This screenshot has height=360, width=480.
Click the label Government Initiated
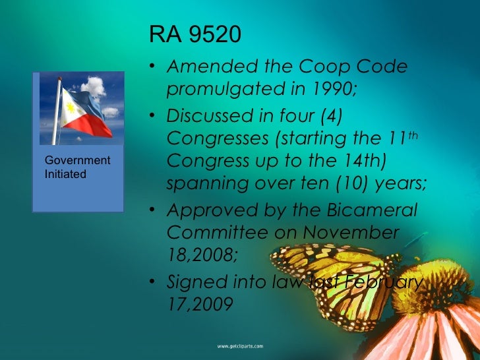76,167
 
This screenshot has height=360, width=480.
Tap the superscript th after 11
413,133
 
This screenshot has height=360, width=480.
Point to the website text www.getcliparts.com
240,345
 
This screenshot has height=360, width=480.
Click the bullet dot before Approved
153,212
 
